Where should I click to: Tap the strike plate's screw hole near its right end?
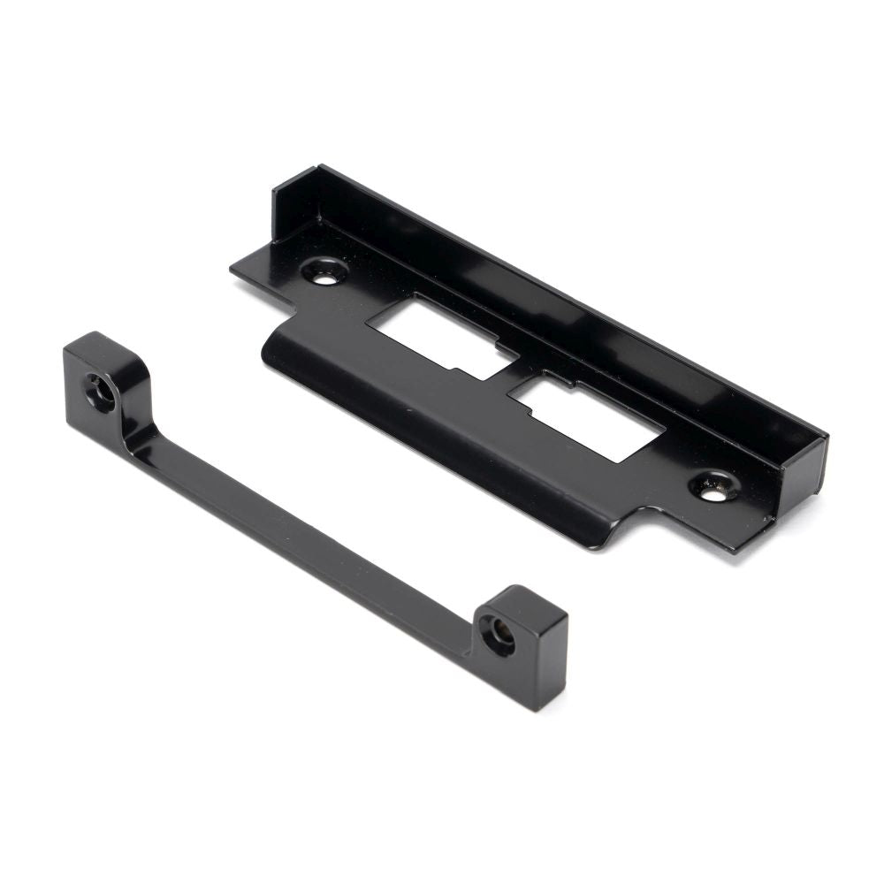[x=713, y=490]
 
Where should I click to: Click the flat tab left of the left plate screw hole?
[x=256, y=265]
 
